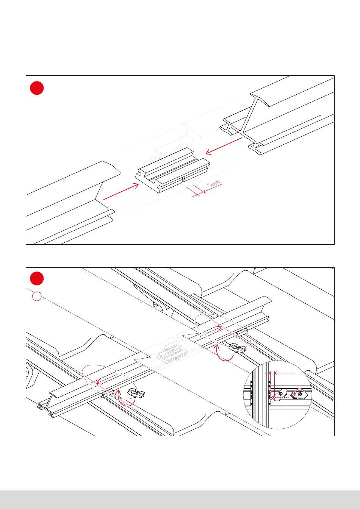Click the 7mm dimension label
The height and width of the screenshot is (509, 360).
pos(213,184)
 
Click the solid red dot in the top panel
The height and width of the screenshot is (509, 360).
pos(37,88)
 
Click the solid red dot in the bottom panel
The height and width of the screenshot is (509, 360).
pos(37,278)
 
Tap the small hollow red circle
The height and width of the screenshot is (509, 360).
pos(37,297)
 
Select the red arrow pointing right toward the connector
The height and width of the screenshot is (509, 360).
pos(121,191)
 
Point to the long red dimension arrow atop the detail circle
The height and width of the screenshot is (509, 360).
pos(284,373)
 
